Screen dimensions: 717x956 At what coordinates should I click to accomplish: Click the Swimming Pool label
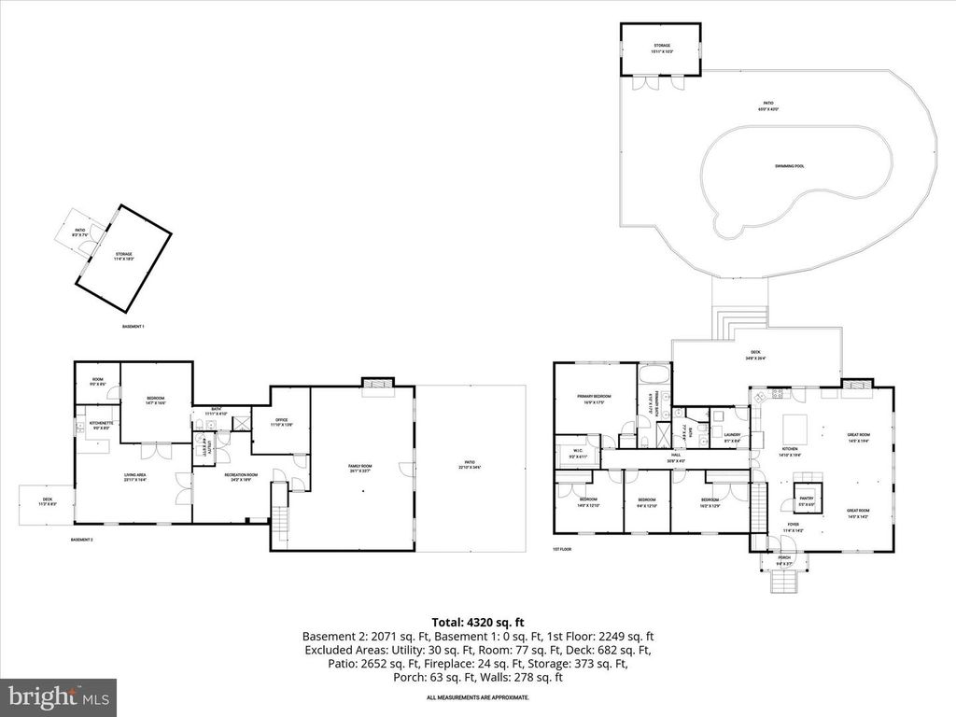point(789,165)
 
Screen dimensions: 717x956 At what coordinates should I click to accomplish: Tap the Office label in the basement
point(275,421)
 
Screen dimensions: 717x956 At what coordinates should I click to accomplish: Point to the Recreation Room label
point(239,478)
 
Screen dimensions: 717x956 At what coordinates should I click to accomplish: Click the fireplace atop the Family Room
point(377,382)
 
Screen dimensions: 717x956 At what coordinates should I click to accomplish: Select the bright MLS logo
point(58,696)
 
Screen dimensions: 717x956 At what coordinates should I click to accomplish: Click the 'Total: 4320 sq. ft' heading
point(477,621)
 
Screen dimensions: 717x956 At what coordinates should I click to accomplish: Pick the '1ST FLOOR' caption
point(561,550)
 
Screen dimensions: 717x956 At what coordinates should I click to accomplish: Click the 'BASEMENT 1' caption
point(134,327)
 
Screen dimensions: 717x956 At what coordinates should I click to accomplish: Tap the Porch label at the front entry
point(784,559)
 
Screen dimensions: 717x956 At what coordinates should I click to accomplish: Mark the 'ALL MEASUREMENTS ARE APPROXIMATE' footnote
point(477,697)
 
